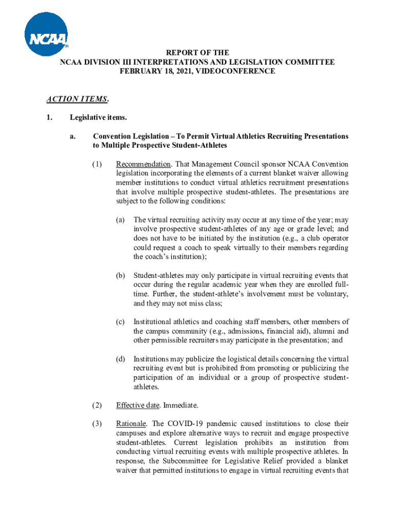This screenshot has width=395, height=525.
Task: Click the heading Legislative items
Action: coord(98,118)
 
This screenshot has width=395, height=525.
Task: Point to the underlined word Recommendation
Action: coord(143,164)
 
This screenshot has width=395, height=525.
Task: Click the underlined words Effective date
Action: coord(137,405)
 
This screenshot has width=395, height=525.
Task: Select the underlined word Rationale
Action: coord(131,423)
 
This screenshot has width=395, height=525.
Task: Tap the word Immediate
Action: coord(181,405)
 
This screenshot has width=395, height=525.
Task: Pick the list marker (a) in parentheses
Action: coord(120,219)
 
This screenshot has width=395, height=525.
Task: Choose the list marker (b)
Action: coord(120,275)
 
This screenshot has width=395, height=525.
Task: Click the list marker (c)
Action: coord(120,321)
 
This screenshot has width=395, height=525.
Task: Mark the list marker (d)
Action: coord(120,358)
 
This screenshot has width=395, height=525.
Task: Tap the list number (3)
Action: coord(97,423)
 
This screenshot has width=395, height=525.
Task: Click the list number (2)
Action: coord(97,405)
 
